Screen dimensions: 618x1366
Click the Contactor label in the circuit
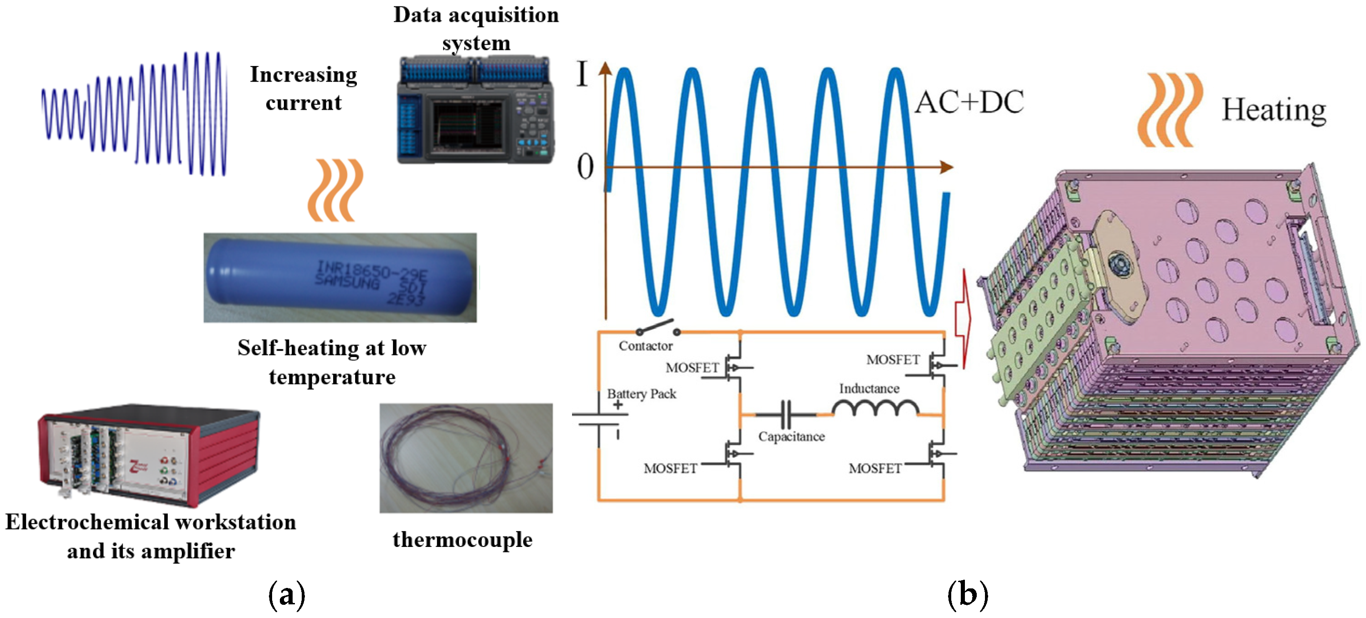pyautogui.click(x=645, y=346)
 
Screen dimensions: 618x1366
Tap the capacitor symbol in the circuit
pyautogui.click(x=786, y=414)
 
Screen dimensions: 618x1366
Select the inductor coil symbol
pyautogui.click(x=875, y=408)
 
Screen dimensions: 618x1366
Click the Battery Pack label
pyautogui.click(x=642, y=394)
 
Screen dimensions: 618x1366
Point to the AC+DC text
pyautogui.click(x=969, y=102)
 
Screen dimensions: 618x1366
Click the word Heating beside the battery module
pyautogui.click(x=1274, y=110)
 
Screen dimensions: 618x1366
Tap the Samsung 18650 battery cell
pyautogui.click(x=340, y=278)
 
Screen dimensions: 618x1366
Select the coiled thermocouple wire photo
pyautogui.click(x=465, y=458)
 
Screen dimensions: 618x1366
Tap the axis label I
pyautogui.click(x=582, y=74)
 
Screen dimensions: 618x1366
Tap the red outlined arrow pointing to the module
pyautogui.click(x=963, y=318)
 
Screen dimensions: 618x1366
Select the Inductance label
pyautogui.click(x=869, y=388)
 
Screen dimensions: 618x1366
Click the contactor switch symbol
pyautogui.click(x=658, y=327)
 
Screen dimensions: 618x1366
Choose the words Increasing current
pyautogui.click(x=303, y=88)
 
